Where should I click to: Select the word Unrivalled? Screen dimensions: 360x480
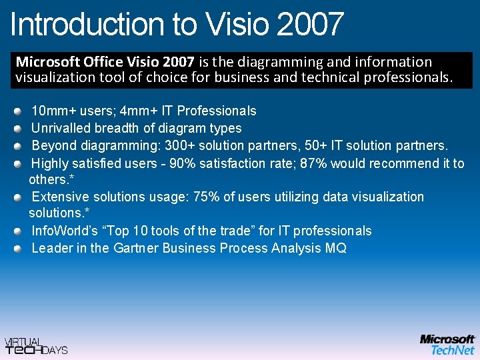tap(63, 128)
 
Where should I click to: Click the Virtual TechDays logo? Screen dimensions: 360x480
tap(36, 345)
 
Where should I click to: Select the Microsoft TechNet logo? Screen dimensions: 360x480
tap(447, 344)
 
